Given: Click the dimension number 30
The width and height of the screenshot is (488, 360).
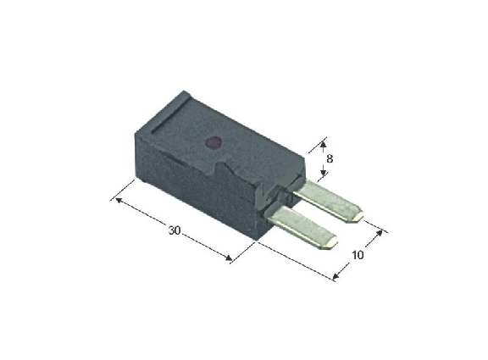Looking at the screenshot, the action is [175, 230].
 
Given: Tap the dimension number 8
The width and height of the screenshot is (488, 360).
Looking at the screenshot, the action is [330, 159].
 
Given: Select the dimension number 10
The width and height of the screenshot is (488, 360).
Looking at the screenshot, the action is [358, 255].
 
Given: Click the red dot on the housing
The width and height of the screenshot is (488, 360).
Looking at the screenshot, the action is [213, 142].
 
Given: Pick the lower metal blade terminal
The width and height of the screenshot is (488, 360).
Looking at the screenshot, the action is [302, 228].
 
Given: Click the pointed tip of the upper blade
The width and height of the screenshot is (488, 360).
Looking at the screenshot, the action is [363, 215].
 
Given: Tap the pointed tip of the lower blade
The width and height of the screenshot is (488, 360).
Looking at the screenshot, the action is [337, 241].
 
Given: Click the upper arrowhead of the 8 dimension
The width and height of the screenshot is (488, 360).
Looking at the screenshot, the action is [323, 145].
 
